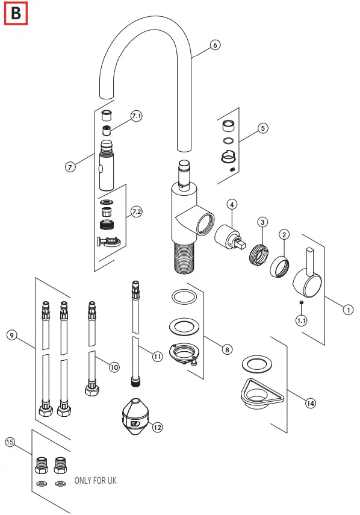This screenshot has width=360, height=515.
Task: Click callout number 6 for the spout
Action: pyautogui.click(x=215, y=45)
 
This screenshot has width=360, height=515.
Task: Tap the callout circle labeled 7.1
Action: pyautogui.click(x=137, y=116)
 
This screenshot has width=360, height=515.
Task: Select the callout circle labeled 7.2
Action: pyautogui.click(x=136, y=211)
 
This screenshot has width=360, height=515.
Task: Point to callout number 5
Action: pyautogui.click(x=262, y=128)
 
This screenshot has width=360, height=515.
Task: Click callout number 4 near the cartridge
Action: pyautogui.click(x=232, y=205)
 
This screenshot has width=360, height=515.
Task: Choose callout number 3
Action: pyautogui.click(x=262, y=222)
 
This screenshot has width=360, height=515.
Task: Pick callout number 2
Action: pyautogui.click(x=285, y=234)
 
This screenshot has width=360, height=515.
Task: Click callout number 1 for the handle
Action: pyautogui.click(x=347, y=310)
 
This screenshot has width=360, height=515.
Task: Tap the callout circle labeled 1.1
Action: pyautogui.click(x=301, y=321)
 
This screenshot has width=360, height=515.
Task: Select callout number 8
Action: pyautogui.click(x=226, y=349)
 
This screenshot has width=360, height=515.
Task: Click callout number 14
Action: pyautogui.click(x=310, y=403)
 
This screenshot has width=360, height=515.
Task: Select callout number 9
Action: pyautogui.click(x=11, y=334)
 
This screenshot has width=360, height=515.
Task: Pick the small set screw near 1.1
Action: pyautogui.click(x=301, y=303)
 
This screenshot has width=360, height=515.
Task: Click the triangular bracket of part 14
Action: pyautogui.click(x=259, y=395)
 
